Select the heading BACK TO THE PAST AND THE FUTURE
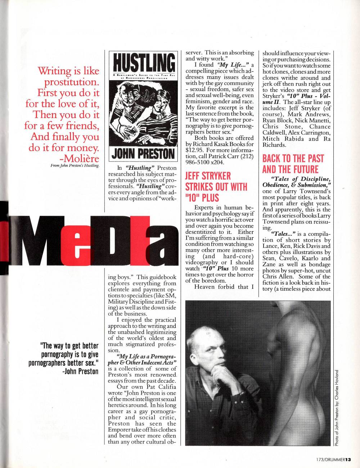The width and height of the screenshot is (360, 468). [x=293, y=164]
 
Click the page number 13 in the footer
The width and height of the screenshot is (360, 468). [x=351, y=459]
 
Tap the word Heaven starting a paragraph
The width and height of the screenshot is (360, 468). [x=206, y=287]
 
